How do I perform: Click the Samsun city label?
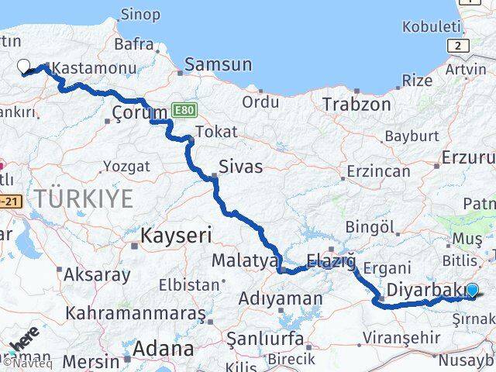(218, 65)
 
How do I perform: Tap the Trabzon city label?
(356, 104)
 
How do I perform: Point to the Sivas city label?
(240, 166)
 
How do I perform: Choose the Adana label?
(164, 348)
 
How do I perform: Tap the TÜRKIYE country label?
(84, 198)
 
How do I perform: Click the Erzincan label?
(378, 170)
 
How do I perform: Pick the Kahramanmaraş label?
(136, 313)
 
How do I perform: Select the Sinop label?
(140, 14)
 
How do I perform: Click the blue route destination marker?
(473, 291)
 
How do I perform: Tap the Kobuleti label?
(431, 27)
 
